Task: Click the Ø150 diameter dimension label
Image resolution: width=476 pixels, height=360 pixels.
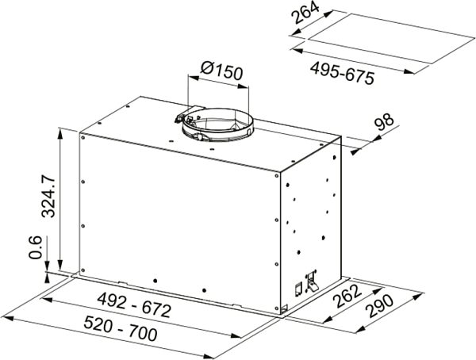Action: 222,71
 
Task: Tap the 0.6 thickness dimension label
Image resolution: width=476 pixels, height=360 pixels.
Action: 35,247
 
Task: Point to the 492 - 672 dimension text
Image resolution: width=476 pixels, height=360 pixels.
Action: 134,304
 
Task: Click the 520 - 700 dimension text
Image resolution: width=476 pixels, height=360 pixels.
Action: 121,327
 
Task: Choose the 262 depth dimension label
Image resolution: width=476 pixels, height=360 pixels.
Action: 347,296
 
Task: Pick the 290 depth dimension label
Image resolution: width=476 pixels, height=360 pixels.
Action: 379,306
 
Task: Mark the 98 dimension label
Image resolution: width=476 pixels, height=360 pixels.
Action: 384,121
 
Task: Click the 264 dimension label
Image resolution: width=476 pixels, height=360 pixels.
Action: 305,12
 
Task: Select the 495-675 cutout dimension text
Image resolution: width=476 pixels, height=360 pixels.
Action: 342,73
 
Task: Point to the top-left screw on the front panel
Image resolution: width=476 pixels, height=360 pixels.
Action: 83,137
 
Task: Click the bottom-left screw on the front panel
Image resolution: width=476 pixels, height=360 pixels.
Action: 83,270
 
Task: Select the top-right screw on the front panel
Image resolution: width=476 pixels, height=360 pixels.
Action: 277,175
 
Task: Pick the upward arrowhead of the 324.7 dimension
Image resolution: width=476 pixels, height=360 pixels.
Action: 60,134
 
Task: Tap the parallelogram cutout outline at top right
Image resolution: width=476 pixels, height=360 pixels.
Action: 392,39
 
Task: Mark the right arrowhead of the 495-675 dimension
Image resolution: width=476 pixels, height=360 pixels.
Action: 409,71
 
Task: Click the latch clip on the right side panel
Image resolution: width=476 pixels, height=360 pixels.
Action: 312,280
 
